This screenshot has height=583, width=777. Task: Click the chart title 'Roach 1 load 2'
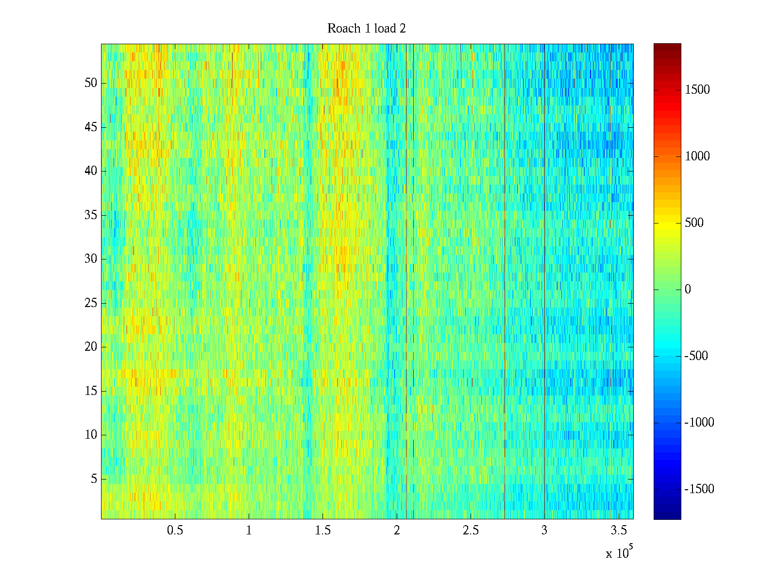pyautogui.click(x=367, y=29)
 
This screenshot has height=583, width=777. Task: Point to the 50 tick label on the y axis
pyautogui.click(x=91, y=83)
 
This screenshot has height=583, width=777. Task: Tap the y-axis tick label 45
pyautogui.click(x=91, y=127)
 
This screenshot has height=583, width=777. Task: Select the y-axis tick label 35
pyautogui.click(x=91, y=215)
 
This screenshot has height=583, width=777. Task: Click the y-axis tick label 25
pyautogui.click(x=91, y=303)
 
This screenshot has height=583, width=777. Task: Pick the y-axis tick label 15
pyautogui.click(x=91, y=391)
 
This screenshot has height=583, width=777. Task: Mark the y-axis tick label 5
pyautogui.click(x=94, y=479)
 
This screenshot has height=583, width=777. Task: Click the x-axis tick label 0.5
pyautogui.click(x=175, y=531)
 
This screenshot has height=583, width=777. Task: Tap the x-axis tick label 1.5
pyautogui.click(x=323, y=531)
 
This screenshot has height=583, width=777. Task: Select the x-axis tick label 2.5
pyautogui.click(x=471, y=531)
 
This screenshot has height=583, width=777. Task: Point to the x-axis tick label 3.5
pyautogui.click(x=618, y=531)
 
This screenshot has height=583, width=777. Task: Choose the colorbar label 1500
pyautogui.click(x=697, y=90)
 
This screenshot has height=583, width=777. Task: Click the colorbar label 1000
pyautogui.click(x=697, y=156)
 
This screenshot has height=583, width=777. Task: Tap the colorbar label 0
pyautogui.click(x=688, y=290)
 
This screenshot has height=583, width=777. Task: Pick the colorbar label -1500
pyautogui.click(x=699, y=489)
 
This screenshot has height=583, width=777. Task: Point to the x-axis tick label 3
pyautogui.click(x=544, y=531)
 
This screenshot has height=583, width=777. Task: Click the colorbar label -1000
pyautogui.click(x=699, y=423)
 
